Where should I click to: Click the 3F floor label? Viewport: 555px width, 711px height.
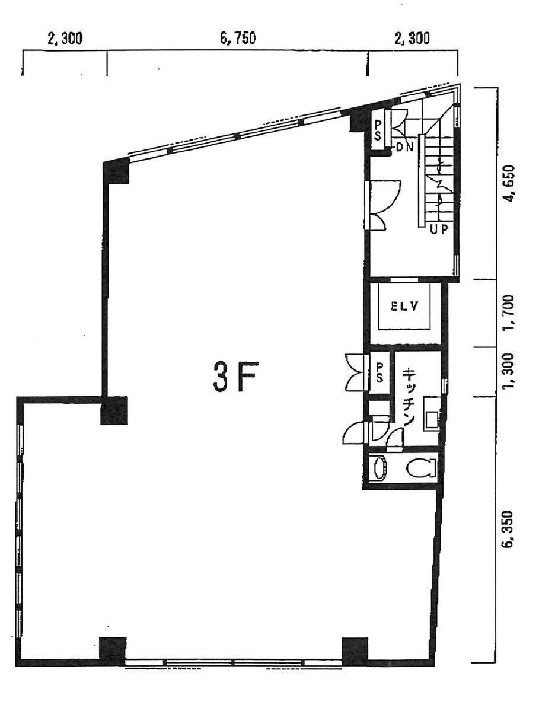click(235, 377)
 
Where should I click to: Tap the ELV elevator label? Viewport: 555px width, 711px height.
click(404, 306)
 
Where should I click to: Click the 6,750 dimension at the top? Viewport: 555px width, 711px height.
click(238, 39)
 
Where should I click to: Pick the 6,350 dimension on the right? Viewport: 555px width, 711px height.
click(508, 529)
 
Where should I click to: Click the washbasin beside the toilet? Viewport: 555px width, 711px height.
click(379, 468)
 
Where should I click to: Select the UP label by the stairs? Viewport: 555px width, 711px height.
click(439, 229)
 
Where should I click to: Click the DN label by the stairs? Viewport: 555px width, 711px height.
click(404, 147)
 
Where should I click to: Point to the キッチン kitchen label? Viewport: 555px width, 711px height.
click(410, 396)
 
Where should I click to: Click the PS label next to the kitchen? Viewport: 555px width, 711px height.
click(379, 372)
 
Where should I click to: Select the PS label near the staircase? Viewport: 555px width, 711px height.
click(378, 129)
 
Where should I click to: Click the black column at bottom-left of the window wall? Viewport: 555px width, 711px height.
click(113, 652)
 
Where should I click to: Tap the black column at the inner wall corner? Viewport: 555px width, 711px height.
click(114, 410)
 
